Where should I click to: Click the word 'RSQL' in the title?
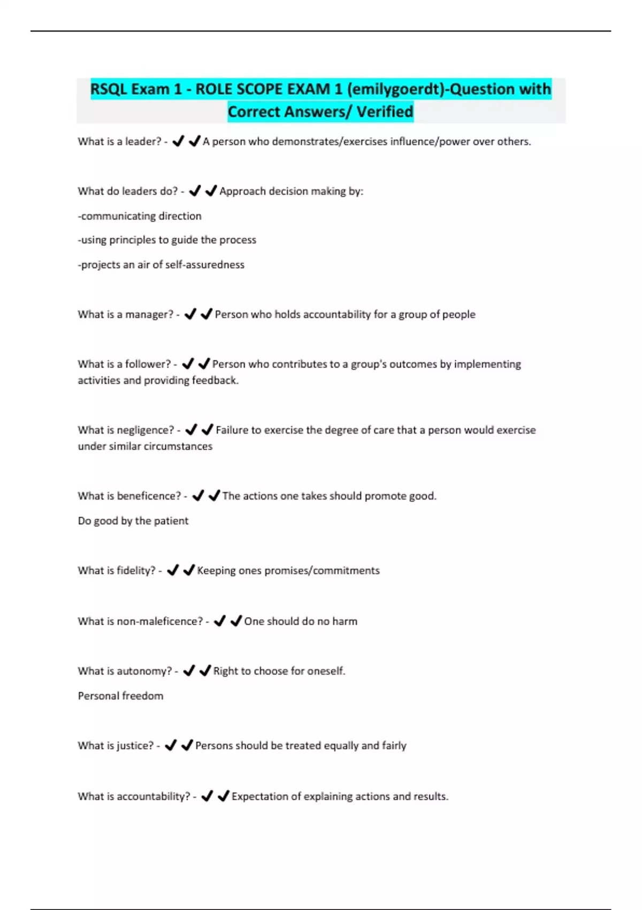coord(109,89)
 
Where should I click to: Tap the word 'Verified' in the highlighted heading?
coord(385,112)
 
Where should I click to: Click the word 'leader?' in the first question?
coord(143,142)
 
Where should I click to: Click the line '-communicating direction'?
coord(140,216)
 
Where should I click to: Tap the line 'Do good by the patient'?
coord(133,521)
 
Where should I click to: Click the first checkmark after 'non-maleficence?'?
coord(219,621)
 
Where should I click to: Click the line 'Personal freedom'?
coord(120,696)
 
